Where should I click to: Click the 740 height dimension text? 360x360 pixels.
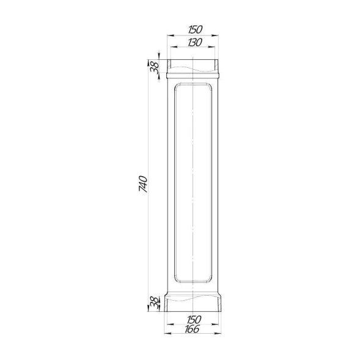[143, 184]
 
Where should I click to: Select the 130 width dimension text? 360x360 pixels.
[195, 42]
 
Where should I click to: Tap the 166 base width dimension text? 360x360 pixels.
[192, 329]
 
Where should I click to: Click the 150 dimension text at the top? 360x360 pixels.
[196, 29]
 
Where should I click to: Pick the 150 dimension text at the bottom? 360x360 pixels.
[194, 320]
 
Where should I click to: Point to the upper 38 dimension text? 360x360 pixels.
[155, 67]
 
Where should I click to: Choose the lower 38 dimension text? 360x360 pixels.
[154, 303]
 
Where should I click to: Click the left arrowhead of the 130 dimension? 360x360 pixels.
[174, 47]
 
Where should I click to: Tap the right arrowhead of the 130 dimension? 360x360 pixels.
[211, 47]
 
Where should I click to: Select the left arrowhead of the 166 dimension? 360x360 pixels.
[168, 333]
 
